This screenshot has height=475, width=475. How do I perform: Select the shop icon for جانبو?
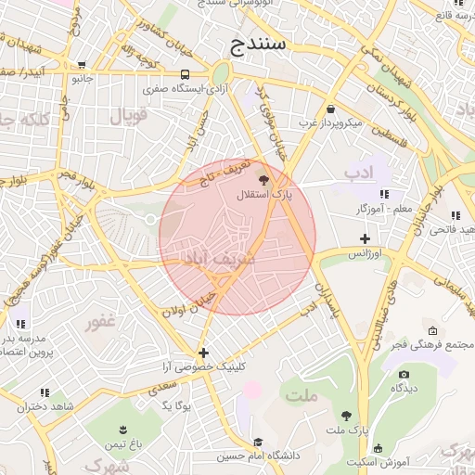click(x=83, y=65)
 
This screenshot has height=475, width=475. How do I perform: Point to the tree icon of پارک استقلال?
click(x=265, y=180)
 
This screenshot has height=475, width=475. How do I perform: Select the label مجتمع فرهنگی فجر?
click(x=433, y=344)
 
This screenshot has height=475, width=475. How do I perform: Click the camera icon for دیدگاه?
click(x=404, y=375)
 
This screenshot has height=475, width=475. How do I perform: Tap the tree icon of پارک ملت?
click(x=347, y=417)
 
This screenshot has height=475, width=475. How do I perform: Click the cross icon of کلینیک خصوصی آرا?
click(x=203, y=353)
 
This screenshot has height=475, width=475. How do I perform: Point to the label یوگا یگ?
click(x=176, y=406)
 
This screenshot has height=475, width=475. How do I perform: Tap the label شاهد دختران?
click(x=44, y=406)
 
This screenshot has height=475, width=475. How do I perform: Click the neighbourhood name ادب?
click(x=357, y=173)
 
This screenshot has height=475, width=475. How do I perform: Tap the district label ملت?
click(x=302, y=396)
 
